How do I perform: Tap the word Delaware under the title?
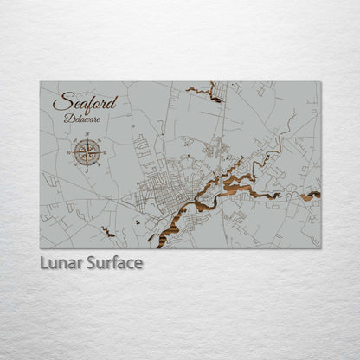coord(81,118)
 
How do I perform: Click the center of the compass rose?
coord(87,152)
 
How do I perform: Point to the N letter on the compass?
coord(87,136)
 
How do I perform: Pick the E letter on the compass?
coord(104,152)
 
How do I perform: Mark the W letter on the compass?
coord(70,152)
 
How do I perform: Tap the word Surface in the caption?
coord(113,262)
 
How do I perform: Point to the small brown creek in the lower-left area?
coord(108,231)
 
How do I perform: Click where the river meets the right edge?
coord(318,195)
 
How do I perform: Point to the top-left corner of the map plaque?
coord(41,82)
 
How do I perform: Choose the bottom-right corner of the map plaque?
coord(320,247)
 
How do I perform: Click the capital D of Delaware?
coord(67,118)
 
